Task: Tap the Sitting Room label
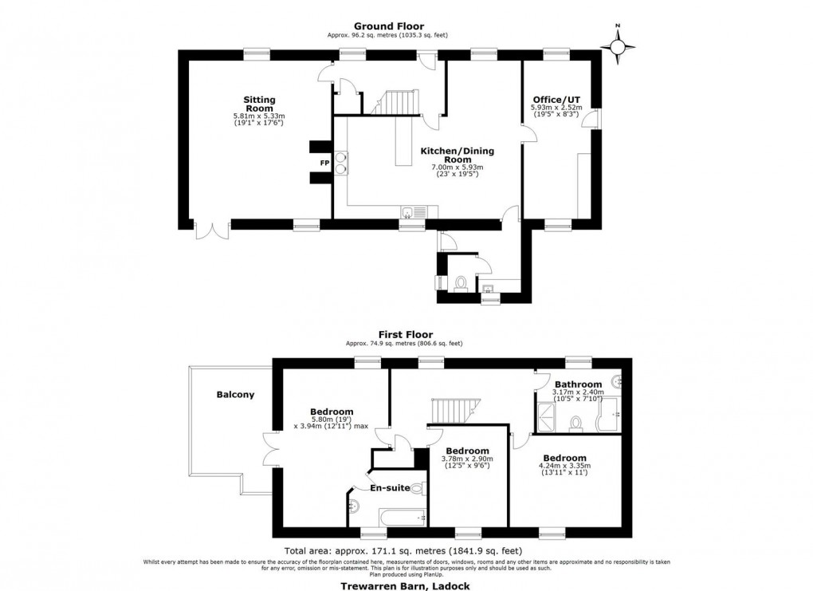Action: point(259,104)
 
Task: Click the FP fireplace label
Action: point(324,162)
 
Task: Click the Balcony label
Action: point(235,394)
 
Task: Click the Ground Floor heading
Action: point(391,26)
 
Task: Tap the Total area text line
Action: point(403,551)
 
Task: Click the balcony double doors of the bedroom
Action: point(269,448)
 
